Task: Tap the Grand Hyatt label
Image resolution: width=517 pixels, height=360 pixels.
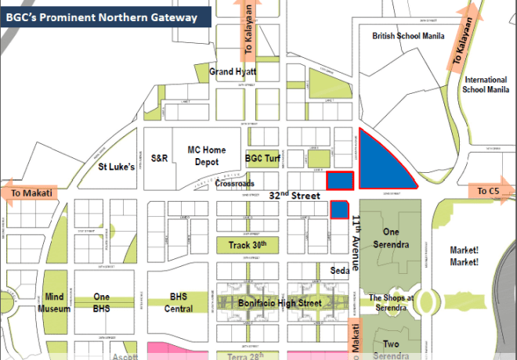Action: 233,72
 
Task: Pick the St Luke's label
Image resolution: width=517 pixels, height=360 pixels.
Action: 117,167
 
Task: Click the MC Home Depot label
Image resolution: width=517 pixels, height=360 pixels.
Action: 206,156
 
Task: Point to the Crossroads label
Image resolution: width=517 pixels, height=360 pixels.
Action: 233,185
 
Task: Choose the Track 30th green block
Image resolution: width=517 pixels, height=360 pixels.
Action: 248,245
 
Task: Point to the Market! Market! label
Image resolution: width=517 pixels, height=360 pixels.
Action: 465,256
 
